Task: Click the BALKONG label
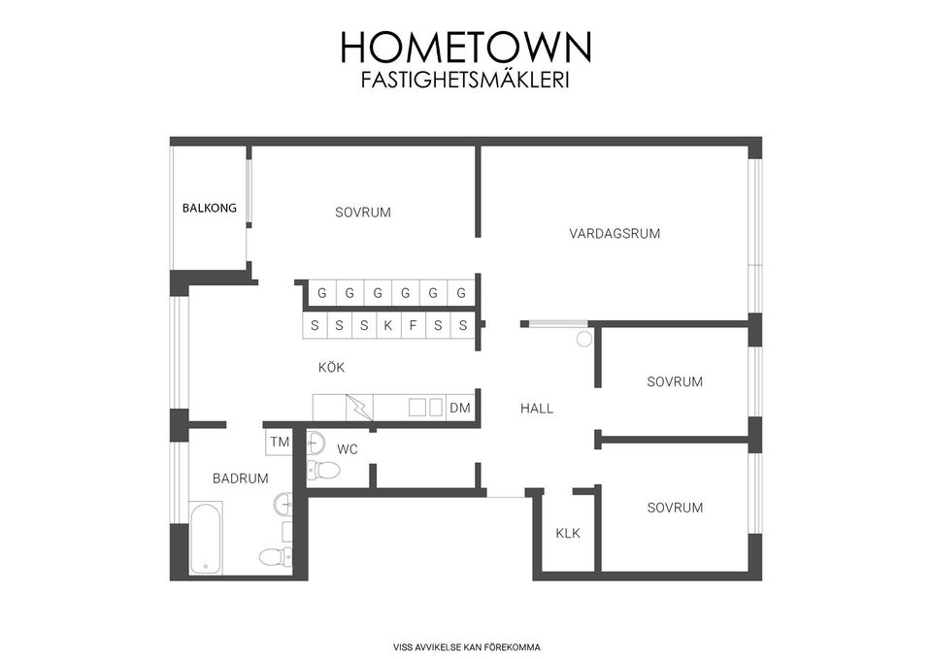(x=210, y=208)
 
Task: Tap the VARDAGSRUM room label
(x=615, y=234)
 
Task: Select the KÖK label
(x=331, y=367)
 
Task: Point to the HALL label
(x=537, y=409)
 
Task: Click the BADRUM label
(x=240, y=478)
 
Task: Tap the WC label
(x=348, y=449)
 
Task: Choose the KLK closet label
(x=568, y=533)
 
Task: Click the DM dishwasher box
(x=459, y=408)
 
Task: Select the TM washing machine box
(x=280, y=442)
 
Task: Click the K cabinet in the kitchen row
(x=388, y=326)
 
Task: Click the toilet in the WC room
(x=323, y=471)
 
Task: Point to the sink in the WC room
(x=316, y=443)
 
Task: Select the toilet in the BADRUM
(x=275, y=558)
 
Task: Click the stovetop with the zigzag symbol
(x=359, y=408)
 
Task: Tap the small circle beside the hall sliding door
(x=584, y=340)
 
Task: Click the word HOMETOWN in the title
(x=466, y=47)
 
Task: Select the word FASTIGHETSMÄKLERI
(x=465, y=80)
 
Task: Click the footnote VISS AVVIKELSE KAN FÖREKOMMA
(x=467, y=647)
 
